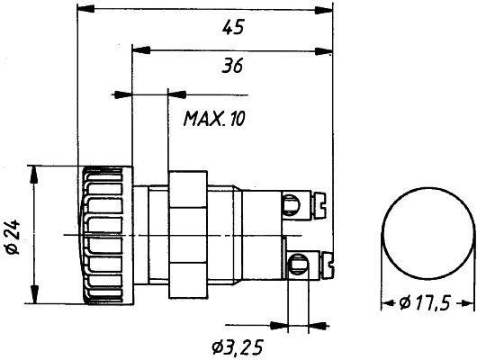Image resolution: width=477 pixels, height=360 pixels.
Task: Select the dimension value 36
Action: pyautogui.click(x=233, y=66)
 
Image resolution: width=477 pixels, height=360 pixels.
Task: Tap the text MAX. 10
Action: pyautogui.click(x=216, y=118)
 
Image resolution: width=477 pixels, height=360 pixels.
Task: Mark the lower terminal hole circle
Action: pyautogui.click(x=294, y=263)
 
